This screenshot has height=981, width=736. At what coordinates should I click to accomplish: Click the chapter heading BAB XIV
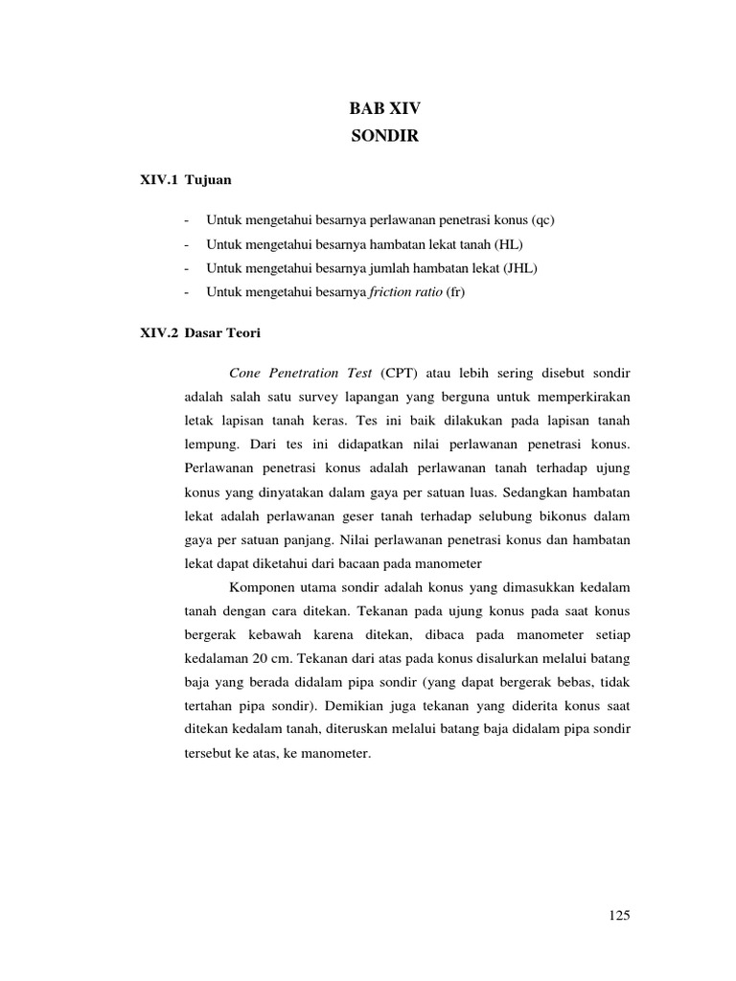click(384, 109)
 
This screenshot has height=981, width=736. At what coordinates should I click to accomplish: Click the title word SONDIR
click(384, 137)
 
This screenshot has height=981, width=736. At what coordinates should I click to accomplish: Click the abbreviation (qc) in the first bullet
click(541, 220)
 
